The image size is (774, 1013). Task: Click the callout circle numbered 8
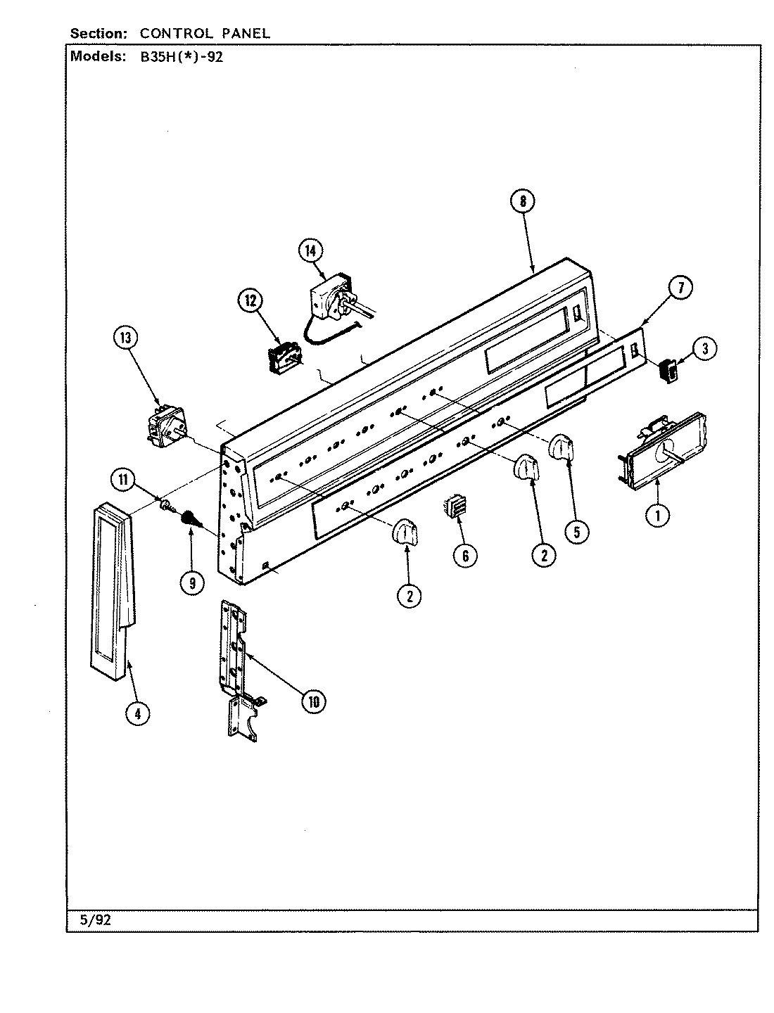[x=522, y=202]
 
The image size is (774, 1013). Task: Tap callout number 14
[x=310, y=250]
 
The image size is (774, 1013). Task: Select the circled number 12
[x=251, y=302]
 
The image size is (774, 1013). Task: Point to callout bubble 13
[x=126, y=338]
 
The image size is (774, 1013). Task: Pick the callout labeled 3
[x=704, y=348]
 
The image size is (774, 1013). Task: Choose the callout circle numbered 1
[x=657, y=515]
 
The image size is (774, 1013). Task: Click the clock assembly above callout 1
[x=664, y=450]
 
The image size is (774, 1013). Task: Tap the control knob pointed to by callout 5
[x=562, y=448]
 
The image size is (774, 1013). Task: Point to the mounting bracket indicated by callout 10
[x=235, y=654]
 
